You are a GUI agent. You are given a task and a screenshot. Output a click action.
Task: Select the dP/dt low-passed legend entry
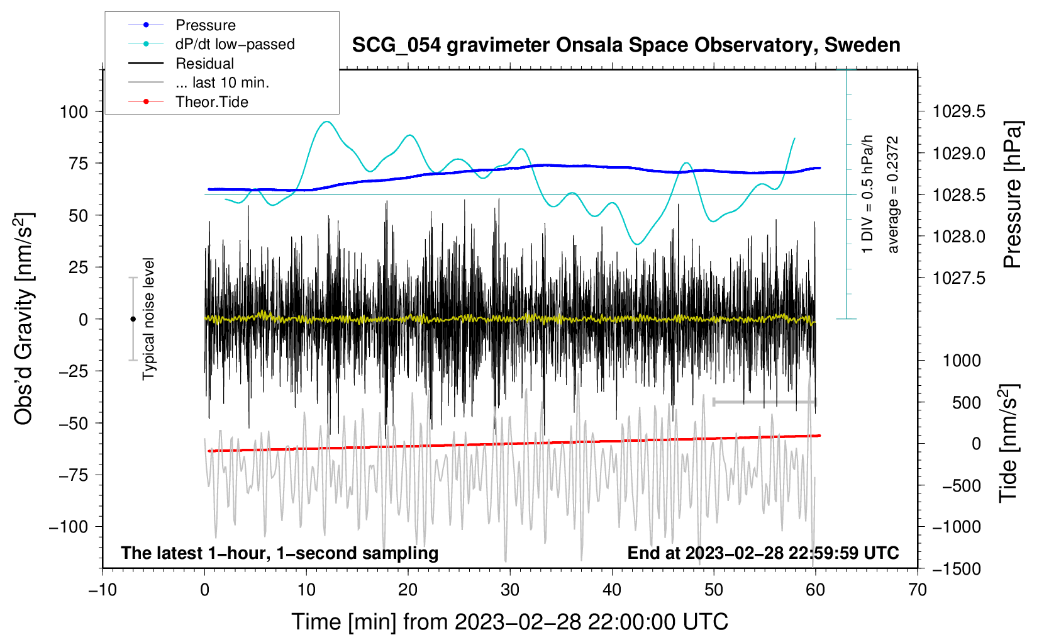[x=235, y=44]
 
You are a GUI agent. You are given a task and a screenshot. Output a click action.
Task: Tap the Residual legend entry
[x=204, y=64]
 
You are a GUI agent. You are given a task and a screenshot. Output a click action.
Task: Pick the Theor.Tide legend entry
[x=212, y=102]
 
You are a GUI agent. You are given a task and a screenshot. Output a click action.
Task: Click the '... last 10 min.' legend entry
[x=222, y=82]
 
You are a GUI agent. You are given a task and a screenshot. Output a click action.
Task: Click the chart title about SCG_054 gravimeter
[x=626, y=45]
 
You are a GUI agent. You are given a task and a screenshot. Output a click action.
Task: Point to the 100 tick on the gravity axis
[x=74, y=112]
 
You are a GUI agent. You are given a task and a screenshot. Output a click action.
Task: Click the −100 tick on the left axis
[x=69, y=527]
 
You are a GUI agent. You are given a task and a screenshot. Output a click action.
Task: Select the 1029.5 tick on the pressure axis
[x=959, y=112]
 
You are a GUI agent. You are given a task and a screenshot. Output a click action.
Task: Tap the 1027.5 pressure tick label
[x=959, y=278]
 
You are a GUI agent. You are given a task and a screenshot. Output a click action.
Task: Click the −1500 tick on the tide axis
[x=956, y=568]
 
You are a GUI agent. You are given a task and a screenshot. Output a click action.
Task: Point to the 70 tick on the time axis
[x=918, y=590]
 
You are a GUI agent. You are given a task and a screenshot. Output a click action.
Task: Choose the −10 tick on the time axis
[x=103, y=590]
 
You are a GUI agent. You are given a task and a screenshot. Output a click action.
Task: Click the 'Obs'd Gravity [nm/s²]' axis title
[x=24, y=318]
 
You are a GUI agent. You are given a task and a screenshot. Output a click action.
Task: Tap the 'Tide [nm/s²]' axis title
[x=1008, y=443]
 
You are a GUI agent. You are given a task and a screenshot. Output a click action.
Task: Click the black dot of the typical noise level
[x=133, y=319]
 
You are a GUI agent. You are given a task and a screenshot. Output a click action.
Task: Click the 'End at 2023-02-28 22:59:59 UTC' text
[x=763, y=553]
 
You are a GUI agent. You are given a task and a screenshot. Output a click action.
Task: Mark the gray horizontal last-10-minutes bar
[x=765, y=402]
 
